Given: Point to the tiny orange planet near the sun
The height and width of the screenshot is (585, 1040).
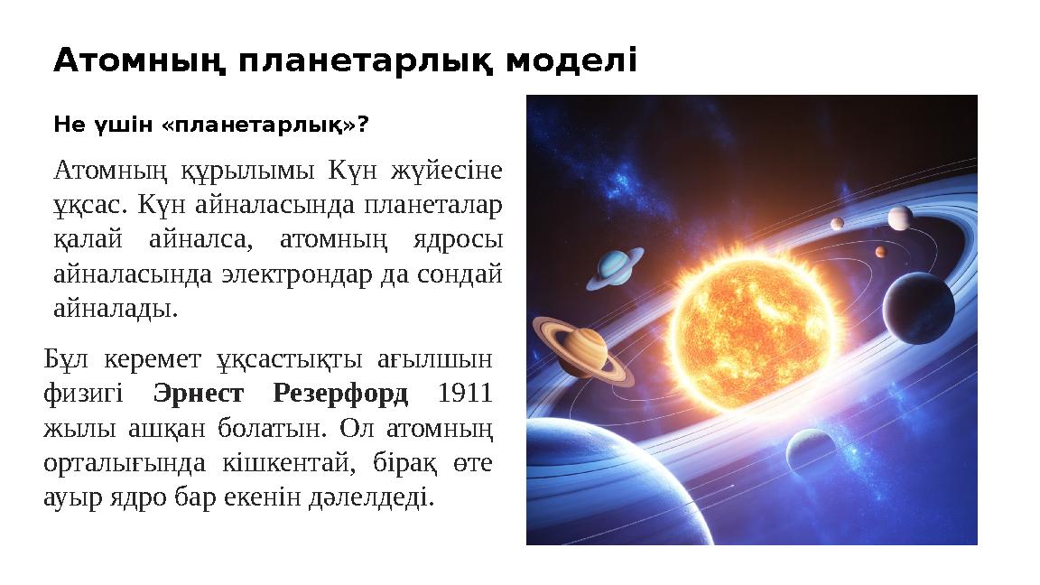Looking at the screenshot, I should click(880, 252).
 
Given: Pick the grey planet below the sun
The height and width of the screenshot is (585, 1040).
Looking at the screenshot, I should click(810, 450).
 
